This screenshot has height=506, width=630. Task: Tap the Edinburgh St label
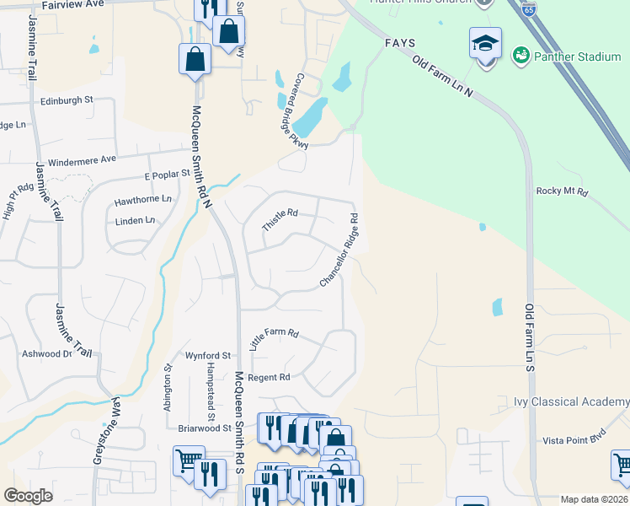tap(66, 100)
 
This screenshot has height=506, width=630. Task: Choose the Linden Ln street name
tap(134, 221)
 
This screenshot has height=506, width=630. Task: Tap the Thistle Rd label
tap(280, 220)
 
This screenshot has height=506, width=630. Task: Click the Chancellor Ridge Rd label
tap(339, 250)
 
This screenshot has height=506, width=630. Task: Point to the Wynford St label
tap(209, 356)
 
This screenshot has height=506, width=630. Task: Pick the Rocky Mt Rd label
tap(562, 191)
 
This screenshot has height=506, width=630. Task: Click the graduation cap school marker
tap(486, 42)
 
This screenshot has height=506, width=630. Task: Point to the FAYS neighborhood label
tap(400, 42)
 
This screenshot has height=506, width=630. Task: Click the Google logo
tap(29, 496)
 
